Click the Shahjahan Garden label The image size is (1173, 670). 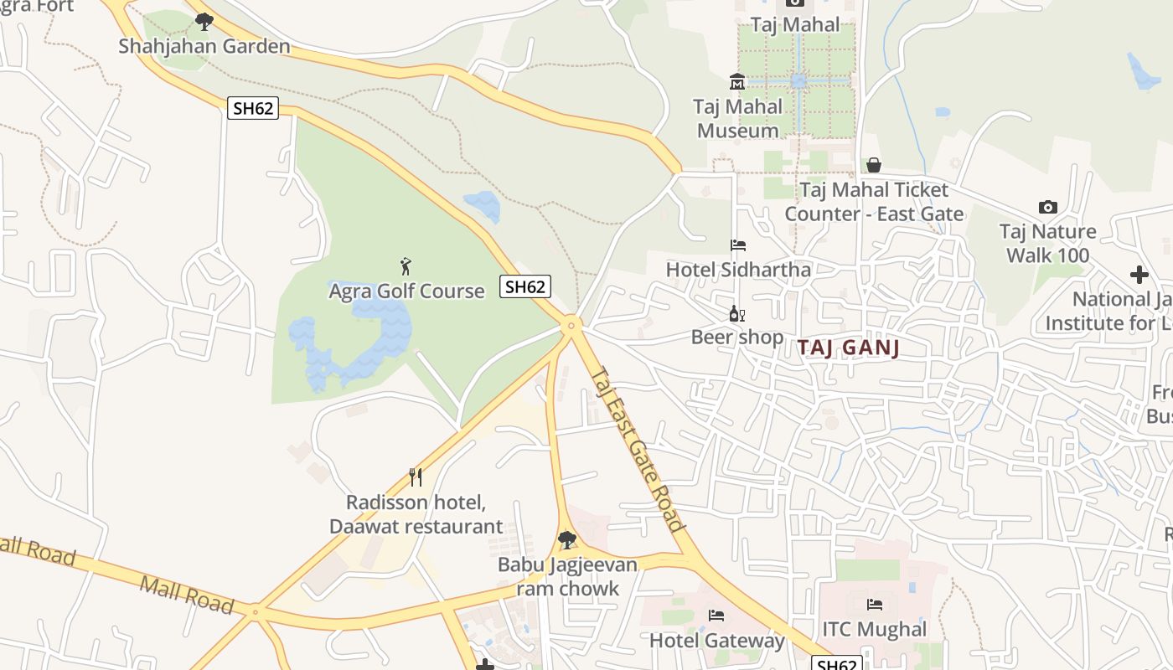coord(204,46)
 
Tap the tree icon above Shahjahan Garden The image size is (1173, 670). coord(204,21)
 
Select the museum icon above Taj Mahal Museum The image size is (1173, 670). coord(737,82)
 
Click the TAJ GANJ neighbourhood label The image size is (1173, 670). coord(848,348)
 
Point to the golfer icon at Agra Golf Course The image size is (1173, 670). coord(406,266)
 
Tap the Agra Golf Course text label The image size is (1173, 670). coord(406,291)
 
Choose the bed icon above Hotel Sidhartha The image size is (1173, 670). coord(738,245)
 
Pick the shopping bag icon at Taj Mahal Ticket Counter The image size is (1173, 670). coord(874,165)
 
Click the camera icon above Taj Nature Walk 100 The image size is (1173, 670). coord(1047,207)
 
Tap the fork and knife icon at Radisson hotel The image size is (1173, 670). coord(416,477)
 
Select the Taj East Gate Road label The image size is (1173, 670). coord(638,450)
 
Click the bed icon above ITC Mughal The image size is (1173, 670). coord(875,605)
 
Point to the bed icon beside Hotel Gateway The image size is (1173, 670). coord(716,616)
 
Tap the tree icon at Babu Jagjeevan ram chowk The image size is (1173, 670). coord(567,539)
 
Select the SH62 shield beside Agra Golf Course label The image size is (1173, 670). coord(525,286)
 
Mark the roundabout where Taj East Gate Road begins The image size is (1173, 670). coord(571,325)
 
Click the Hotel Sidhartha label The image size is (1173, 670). coord(738,270)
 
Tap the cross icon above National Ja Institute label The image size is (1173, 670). coord(1139,274)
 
